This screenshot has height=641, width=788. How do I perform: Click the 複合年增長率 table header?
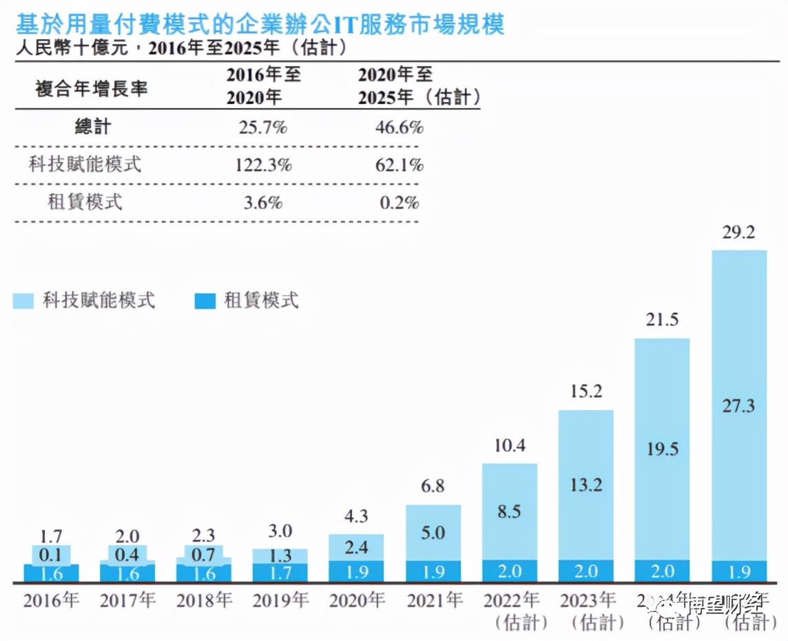91,88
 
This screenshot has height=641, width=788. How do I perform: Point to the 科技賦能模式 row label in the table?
85,165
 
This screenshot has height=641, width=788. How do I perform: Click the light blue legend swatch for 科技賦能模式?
23,301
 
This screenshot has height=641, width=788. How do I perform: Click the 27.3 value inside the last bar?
738,405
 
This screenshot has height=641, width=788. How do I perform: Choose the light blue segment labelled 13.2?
585,485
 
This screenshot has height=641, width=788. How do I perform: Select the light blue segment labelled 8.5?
509,511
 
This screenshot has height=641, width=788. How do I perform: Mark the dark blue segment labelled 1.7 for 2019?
280,573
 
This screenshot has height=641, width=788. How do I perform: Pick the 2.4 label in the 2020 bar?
356,547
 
